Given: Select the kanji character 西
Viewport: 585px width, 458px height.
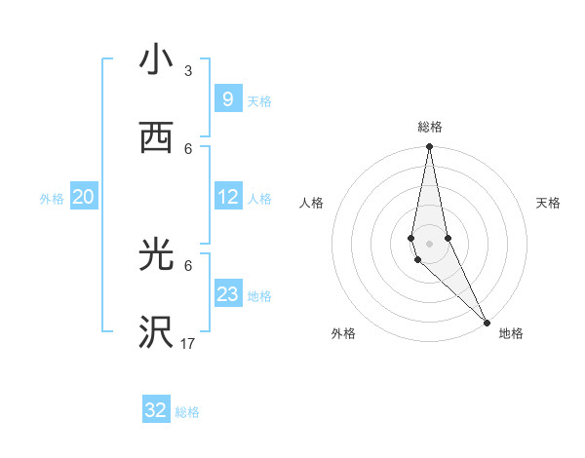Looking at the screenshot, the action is (x=155, y=137).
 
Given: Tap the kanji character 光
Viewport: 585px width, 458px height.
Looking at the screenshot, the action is (x=155, y=255).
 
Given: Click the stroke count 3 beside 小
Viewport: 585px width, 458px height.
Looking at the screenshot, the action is (x=188, y=71).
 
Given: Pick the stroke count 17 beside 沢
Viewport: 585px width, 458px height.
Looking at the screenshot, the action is (x=188, y=344).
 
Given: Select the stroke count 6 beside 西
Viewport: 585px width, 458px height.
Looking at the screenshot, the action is (x=188, y=148).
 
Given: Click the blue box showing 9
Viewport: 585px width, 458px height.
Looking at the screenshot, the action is (x=227, y=98).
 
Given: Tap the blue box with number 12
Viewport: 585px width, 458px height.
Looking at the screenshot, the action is (x=228, y=197).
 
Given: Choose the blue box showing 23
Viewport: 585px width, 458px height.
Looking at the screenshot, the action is (x=228, y=294).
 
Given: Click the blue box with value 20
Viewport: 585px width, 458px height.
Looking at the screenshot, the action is (x=84, y=197).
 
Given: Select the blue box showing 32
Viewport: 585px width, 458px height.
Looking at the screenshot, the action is (x=156, y=410).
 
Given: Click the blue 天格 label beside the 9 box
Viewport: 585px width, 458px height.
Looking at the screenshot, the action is (x=259, y=100).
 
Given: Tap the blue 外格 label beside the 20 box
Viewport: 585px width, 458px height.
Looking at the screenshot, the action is (x=52, y=198).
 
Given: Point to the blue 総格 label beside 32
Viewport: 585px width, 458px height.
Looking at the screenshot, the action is (x=187, y=412).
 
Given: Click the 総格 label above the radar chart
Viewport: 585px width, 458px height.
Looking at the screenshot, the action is (x=429, y=127).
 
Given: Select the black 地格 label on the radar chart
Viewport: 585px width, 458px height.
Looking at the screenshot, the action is (x=511, y=333).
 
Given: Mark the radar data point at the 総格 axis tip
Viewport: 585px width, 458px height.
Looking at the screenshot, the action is (x=429, y=147).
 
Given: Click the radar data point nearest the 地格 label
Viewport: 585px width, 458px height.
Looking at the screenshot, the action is (x=487, y=323).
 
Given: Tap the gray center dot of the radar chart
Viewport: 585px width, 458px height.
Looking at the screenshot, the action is (x=429, y=243).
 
